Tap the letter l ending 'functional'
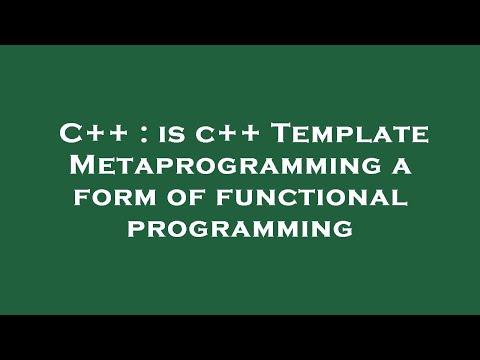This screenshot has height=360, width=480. click(x=403, y=199)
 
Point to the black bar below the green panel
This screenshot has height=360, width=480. click(x=240, y=337)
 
